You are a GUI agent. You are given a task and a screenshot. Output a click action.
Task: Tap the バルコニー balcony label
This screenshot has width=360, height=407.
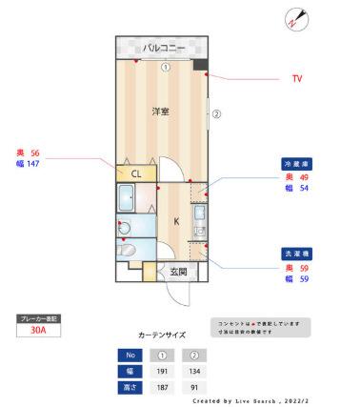coord(163,47)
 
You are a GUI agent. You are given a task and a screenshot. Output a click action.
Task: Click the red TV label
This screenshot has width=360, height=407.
coord(297,78)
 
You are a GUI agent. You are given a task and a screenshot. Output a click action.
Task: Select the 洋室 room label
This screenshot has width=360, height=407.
coord(160,112)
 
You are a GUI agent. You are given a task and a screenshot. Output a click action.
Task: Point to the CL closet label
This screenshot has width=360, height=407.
coord(136,173)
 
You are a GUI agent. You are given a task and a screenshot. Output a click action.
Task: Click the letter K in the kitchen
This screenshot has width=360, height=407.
coord(176,221)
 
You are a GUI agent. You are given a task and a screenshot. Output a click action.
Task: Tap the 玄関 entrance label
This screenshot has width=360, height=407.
coord(178,272)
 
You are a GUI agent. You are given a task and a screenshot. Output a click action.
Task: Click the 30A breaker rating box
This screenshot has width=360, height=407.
coord(38,332)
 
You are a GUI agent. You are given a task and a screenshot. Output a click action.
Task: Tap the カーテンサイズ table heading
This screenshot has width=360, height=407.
coord(162,335)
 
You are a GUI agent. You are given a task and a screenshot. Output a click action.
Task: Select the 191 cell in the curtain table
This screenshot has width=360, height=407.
coord(162,371)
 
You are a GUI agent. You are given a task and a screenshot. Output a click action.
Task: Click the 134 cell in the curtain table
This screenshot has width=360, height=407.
coord(193,371)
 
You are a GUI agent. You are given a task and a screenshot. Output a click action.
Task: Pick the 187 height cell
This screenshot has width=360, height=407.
coord(162,387)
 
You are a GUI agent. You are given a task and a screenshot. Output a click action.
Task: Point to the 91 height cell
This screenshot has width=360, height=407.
coord(193,387)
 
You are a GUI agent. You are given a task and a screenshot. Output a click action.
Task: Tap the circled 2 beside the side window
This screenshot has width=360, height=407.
coord(216,114)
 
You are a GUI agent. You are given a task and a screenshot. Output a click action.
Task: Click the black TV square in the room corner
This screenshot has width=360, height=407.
coord(200,65)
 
